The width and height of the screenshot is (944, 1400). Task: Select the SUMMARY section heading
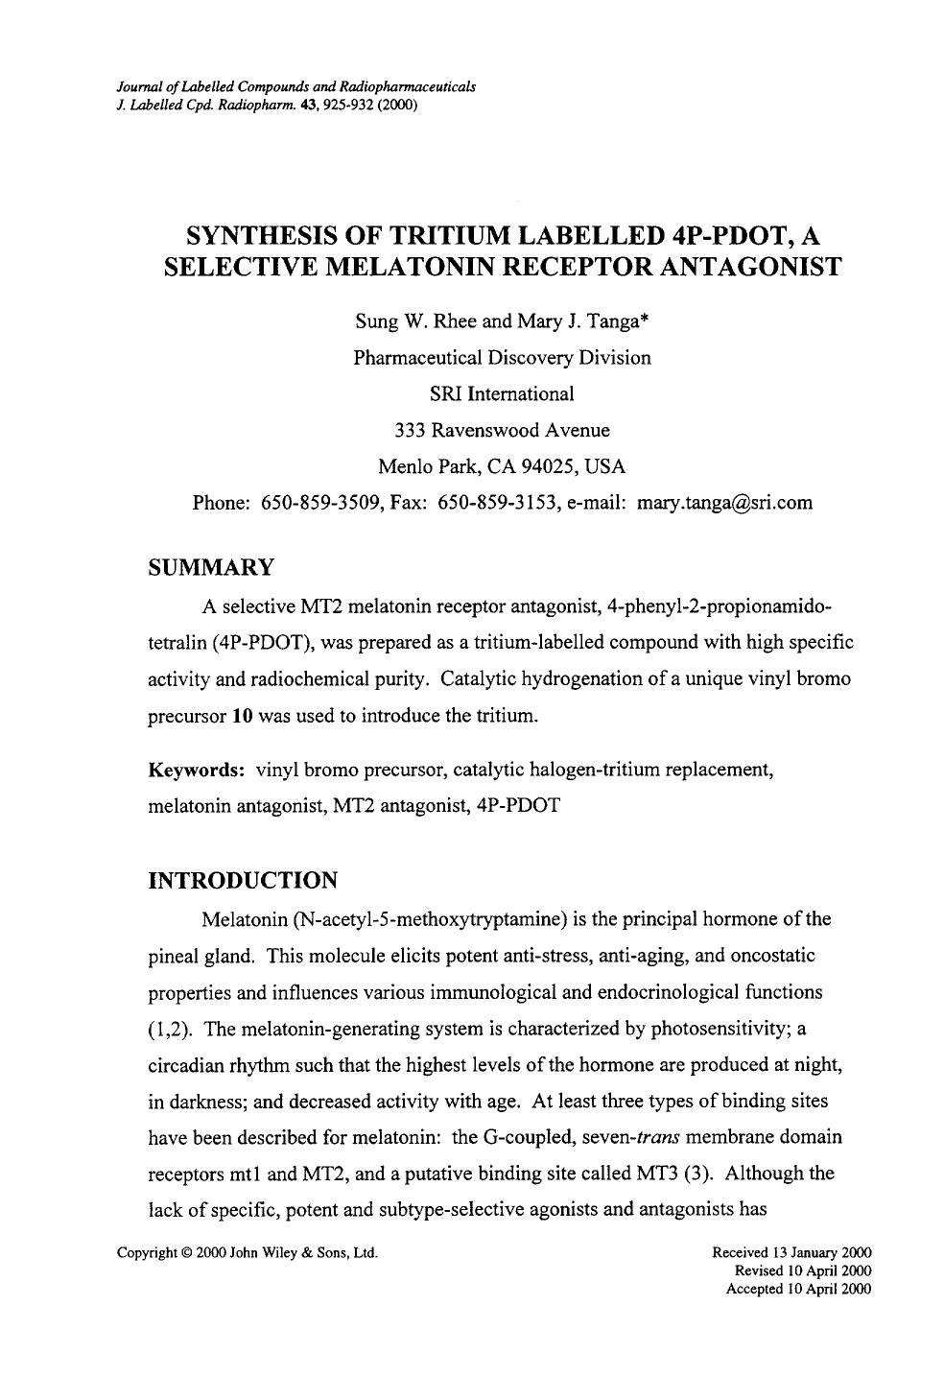tap(211, 567)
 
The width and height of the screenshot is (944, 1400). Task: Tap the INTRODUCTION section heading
tap(243, 880)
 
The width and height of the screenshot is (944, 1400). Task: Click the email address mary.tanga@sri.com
tap(724, 502)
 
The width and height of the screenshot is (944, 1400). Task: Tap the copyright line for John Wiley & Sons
tap(248, 1253)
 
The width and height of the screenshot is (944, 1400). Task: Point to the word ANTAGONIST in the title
tap(746, 266)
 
